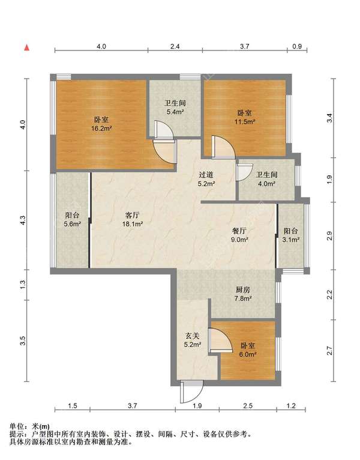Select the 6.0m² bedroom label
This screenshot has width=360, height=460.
click(248, 350)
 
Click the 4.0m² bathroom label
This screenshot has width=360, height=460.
click(266, 179)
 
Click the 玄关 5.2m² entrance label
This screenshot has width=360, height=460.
click(192, 340)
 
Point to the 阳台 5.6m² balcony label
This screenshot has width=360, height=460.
click(73, 219)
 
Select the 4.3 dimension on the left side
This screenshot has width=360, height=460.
click(22, 221)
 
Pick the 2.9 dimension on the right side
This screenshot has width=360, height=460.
click(329, 236)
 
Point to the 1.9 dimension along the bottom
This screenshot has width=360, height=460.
click(197, 407)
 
